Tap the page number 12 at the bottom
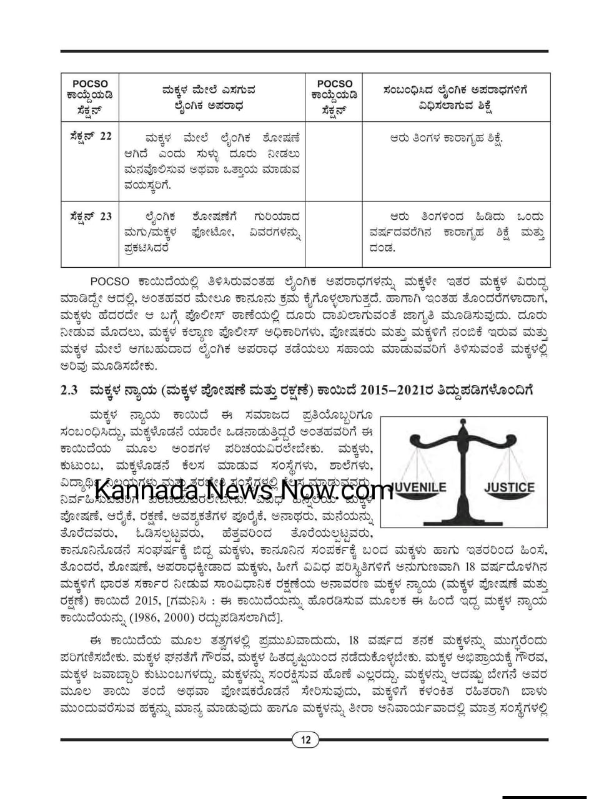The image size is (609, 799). tap(305, 740)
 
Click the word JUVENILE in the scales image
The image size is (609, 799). tap(419, 487)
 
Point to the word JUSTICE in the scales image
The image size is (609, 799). tap(509, 487)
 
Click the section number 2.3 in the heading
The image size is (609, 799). tap(69, 390)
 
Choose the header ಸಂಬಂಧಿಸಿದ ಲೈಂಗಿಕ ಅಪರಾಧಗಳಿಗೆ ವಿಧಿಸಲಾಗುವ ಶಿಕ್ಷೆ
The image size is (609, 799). tap(455, 97)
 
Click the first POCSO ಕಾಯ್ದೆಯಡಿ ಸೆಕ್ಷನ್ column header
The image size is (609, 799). tap(90, 97)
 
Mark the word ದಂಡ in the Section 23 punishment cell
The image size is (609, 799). tap(382, 248)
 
